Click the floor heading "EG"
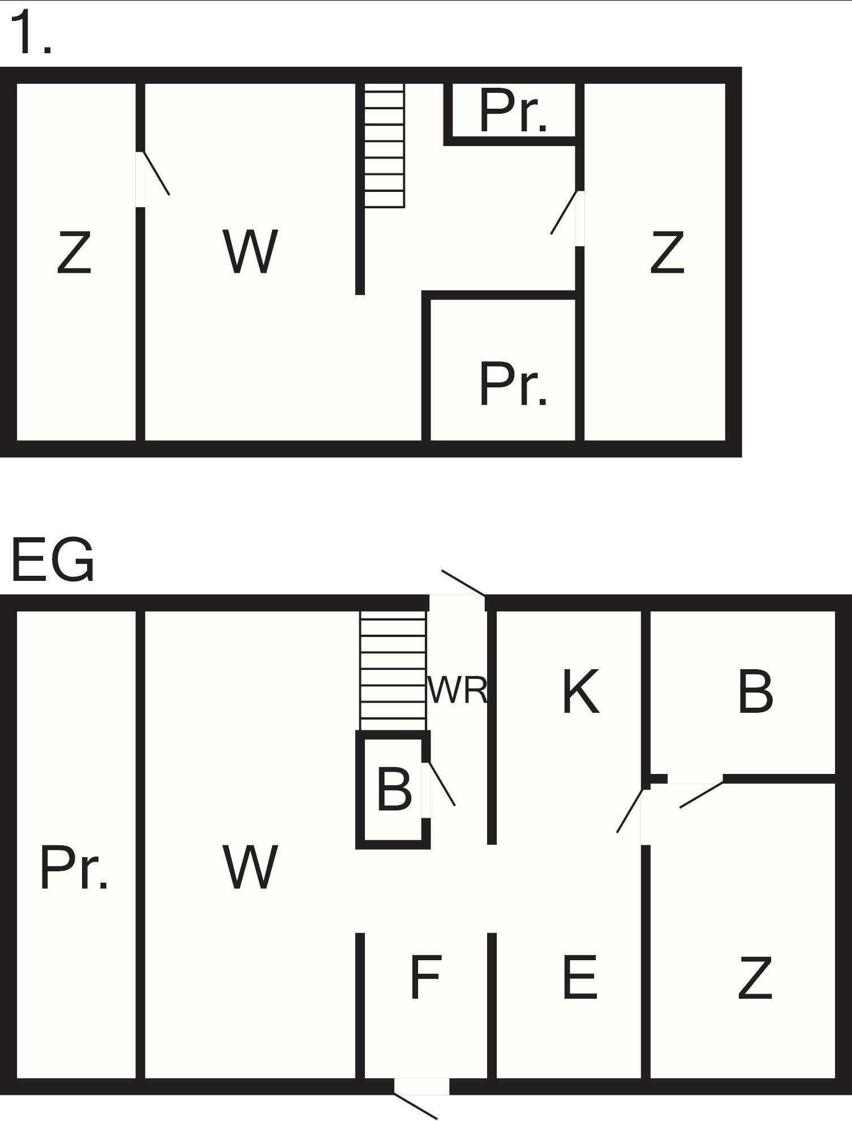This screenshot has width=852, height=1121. click(x=53, y=560)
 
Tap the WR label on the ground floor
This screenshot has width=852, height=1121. click(x=457, y=690)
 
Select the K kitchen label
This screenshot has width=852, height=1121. click(x=580, y=691)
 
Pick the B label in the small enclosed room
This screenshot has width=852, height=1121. click(x=394, y=789)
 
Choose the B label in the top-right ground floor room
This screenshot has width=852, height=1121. click(x=755, y=691)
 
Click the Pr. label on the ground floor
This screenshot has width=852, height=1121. click(x=74, y=867)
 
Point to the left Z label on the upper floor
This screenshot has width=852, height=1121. click(x=74, y=252)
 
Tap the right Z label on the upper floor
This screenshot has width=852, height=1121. click(x=668, y=252)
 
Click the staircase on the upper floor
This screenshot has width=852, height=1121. click(x=385, y=146)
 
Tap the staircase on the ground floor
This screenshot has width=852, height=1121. click(x=393, y=671)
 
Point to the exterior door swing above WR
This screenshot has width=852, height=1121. click(x=463, y=583)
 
